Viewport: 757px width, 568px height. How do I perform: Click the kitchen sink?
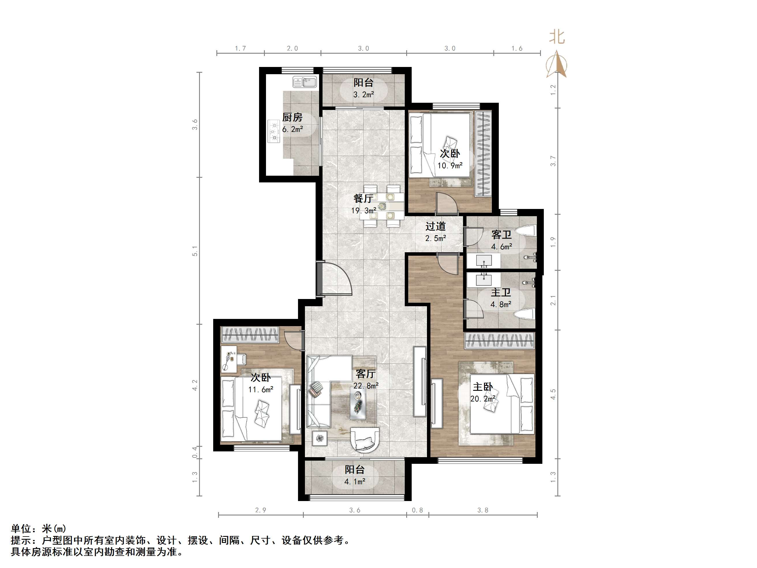(305, 82)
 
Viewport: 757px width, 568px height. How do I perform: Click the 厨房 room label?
(292, 117)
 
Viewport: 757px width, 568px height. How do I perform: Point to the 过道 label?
(435, 226)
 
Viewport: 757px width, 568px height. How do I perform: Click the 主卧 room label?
(483, 387)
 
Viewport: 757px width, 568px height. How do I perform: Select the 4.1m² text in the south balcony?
(355, 482)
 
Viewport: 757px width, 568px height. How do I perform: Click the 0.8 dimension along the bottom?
(417, 510)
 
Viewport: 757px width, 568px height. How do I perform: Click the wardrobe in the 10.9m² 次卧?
(483, 154)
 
